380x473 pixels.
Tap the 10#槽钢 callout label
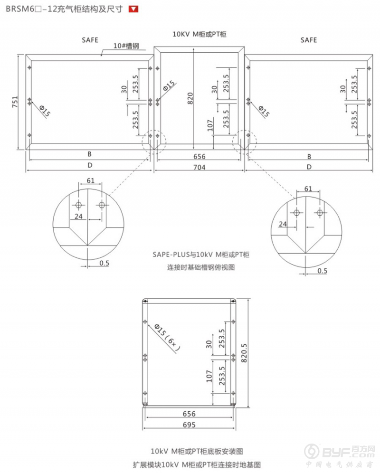tap(126, 46)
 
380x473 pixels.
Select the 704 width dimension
tap(199, 167)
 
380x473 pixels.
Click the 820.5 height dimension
tap(245, 353)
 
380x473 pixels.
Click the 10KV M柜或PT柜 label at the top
tap(199, 34)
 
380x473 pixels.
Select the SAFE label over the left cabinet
tap(90, 40)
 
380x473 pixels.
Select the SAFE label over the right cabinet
tap(308, 40)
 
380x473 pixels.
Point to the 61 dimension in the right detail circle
tap(308, 189)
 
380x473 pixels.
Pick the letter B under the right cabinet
tap(309, 156)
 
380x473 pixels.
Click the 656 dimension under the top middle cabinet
tap(199, 156)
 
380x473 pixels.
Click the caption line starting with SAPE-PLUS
tap(201, 255)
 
